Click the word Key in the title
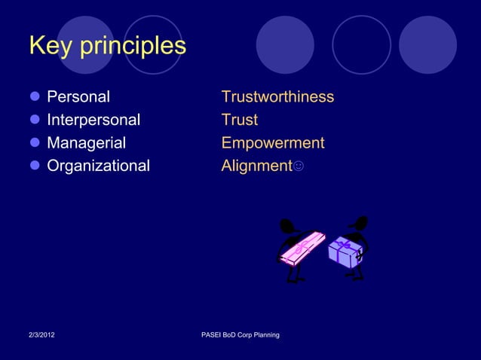[51, 46]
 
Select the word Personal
[78, 97]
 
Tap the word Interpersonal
[93, 120]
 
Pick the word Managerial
[87, 143]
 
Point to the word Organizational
[99, 166]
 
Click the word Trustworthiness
[277, 97]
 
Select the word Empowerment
[273, 143]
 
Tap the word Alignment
[256, 166]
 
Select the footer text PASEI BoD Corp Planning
[241, 334]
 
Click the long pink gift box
[302, 248]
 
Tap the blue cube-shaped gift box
[345, 252]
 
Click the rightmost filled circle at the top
[427, 44]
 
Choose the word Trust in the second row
[240, 120]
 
